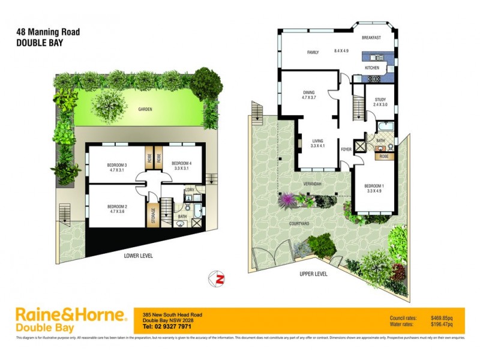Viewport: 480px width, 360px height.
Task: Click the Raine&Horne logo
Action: [71, 320]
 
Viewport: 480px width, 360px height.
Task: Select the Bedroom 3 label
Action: [116, 165]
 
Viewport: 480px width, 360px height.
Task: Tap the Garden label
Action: [145, 109]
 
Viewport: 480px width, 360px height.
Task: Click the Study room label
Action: [380, 100]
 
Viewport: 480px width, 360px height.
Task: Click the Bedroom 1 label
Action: [374, 185]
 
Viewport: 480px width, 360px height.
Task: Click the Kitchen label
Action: [373, 68]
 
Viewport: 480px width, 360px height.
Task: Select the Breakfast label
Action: [371, 38]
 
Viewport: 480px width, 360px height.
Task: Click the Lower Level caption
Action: [139, 255]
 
